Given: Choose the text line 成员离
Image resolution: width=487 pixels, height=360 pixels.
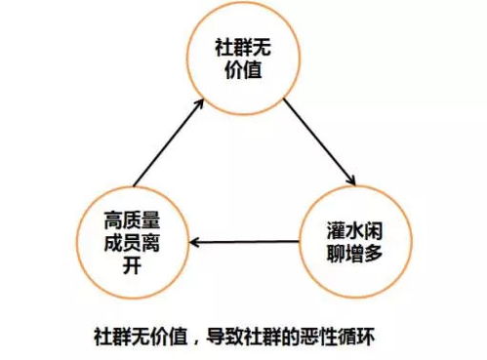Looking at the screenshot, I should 129,239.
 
